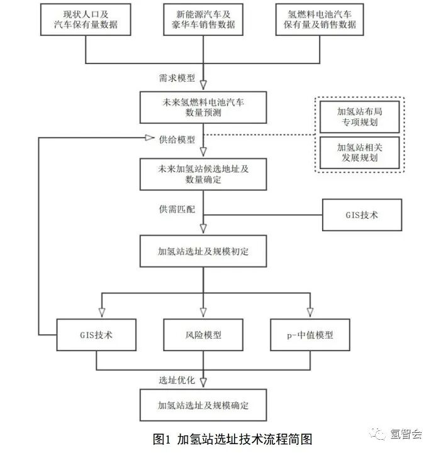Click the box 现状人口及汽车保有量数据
[86, 19]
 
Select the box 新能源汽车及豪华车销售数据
[203, 19]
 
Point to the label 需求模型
[177, 79]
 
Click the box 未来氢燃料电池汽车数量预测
[203, 107]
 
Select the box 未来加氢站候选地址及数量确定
[203, 173]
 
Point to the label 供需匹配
[177, 207]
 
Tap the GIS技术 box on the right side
[362, 215]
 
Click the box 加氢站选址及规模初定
[203, 251]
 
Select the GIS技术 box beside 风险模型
[96, 335]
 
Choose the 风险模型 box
[203, 335]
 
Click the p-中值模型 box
[310, 335]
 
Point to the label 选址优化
[177, 381]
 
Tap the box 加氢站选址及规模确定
[203, 405]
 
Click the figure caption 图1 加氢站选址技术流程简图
[233, 438]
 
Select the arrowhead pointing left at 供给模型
[149, 138]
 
